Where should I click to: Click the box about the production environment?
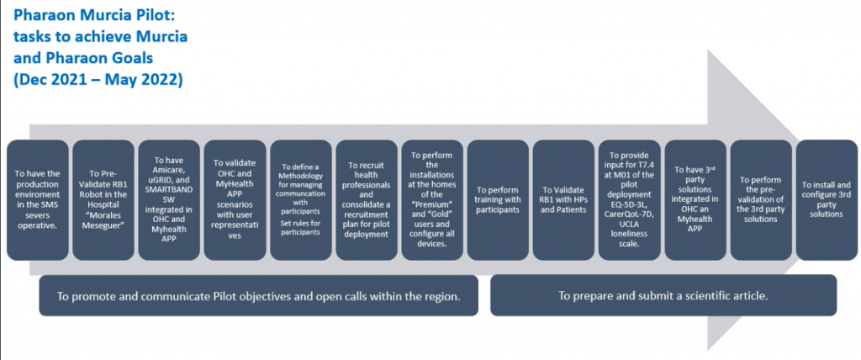(x=37, y=200)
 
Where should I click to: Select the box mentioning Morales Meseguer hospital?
(x=103, y=200)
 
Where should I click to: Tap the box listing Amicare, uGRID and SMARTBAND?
(x=169, y=200)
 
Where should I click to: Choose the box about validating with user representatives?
(x=235, y=200)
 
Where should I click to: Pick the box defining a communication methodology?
(x=301, y=200)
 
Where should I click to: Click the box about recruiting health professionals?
(x=367, y=200)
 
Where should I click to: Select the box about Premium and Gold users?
(x=432, y=200)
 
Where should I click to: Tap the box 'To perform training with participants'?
(x=498, y=200)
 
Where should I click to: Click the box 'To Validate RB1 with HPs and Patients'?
(x=563, y=200)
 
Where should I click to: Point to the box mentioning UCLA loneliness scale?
(x=629, y=200)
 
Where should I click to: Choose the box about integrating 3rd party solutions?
(x=695, y=200)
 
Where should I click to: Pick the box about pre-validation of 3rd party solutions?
(x=761, y=200)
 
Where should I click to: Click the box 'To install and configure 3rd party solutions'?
(x=827, y=200)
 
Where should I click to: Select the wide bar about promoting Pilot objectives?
(x=259, y=296)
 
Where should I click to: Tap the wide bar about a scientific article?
(x=663, y=296)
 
